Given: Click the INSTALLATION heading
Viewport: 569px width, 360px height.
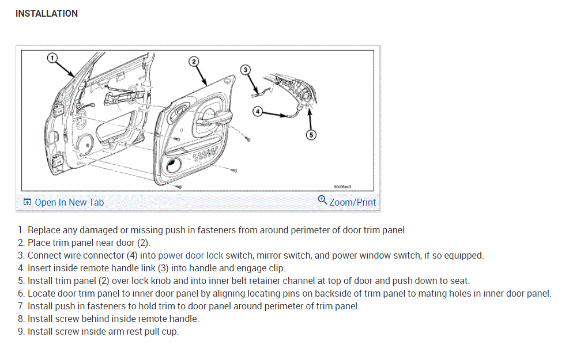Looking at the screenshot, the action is tap(47, 13).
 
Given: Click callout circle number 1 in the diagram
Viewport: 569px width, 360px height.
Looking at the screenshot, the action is tap(51, 58).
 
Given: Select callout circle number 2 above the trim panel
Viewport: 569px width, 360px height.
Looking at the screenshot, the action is tap(193, 61).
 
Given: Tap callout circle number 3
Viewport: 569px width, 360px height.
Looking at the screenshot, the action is tap(245, 70).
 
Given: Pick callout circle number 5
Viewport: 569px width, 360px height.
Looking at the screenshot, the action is tap(311, 135).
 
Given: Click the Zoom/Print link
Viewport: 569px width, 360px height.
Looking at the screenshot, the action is tap(352, 202).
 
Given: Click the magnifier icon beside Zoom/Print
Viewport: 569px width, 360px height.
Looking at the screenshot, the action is tap(322, 200).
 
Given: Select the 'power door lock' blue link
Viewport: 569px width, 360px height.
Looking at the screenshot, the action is tap(190, 255).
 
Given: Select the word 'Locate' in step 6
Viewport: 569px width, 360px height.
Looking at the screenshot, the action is tap(42, 293).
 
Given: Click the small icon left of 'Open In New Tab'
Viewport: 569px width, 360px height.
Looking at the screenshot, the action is tap(27, 202).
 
